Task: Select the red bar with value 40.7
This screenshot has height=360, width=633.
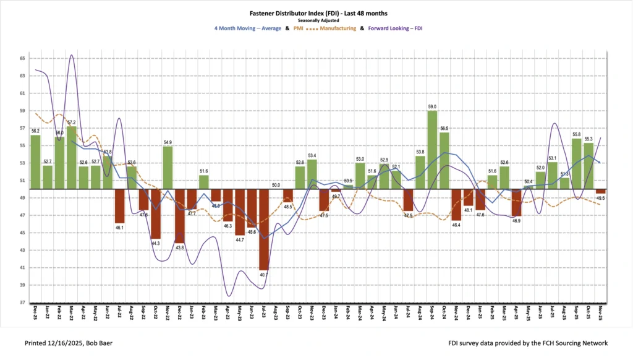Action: click(264, 229)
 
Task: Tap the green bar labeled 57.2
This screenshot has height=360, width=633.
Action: click(72, 158)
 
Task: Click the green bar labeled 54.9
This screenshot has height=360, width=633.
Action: click(168, 168)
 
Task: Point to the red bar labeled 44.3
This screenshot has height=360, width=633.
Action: click(155, 213)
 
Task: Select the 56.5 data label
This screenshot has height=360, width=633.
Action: click(444, 129)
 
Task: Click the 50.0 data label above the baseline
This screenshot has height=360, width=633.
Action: click(276, 185)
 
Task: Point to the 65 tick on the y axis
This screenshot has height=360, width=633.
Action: click(22, 58)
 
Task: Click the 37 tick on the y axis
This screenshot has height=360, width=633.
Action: click(22, 302)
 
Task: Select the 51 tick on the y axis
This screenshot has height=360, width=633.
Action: click(22, 180)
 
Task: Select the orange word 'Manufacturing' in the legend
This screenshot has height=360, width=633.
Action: click(337, 28)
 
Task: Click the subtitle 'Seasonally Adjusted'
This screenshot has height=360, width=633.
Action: click(316, 20)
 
